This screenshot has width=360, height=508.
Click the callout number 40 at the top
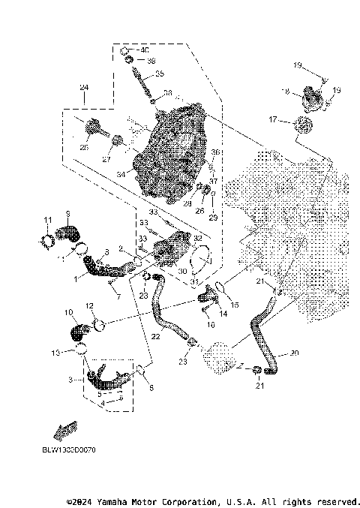[x=145, y=50]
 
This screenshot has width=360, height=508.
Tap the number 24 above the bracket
[x=84, y=87]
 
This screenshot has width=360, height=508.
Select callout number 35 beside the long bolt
[x=158, y=75]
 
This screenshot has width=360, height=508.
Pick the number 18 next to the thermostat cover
[x=285, y=91]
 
